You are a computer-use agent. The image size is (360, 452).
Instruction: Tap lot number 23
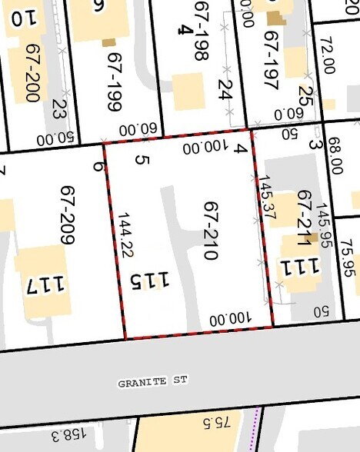pos(60,109)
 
